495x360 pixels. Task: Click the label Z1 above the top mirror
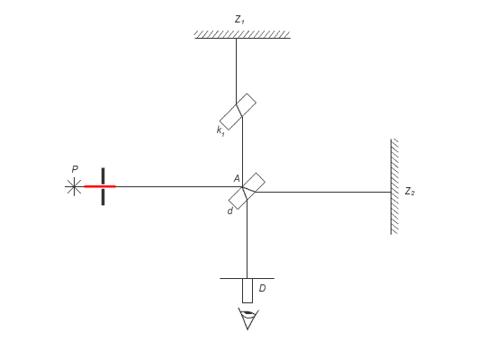pos(239,20)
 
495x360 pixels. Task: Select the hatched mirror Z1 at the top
pos(242,35)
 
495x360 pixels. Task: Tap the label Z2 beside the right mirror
pos(409,191)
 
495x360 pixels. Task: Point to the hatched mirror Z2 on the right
pos(394,186)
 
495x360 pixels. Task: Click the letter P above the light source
pos(75,169)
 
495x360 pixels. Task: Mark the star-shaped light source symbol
pos(74,186)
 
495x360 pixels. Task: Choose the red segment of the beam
pos(100,186)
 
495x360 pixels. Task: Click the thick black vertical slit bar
pos(103,186)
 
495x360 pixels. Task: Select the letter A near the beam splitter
pos(237,179)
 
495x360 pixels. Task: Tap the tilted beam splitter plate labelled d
pos(247,191)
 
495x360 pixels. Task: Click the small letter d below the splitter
pos(230,211)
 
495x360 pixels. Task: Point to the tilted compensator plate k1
pos(238,112)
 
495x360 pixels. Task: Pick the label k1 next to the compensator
pos(220,130)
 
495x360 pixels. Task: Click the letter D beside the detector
pos(262,288)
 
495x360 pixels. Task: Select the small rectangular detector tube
pos(247,291)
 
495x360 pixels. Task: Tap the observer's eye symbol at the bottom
pos(248,319)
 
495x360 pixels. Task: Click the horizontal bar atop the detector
pos(247,278)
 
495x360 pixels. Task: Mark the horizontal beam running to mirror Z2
pos(323,192)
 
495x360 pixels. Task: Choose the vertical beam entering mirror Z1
pos(236,71)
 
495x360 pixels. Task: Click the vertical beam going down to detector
pos(247,239)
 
